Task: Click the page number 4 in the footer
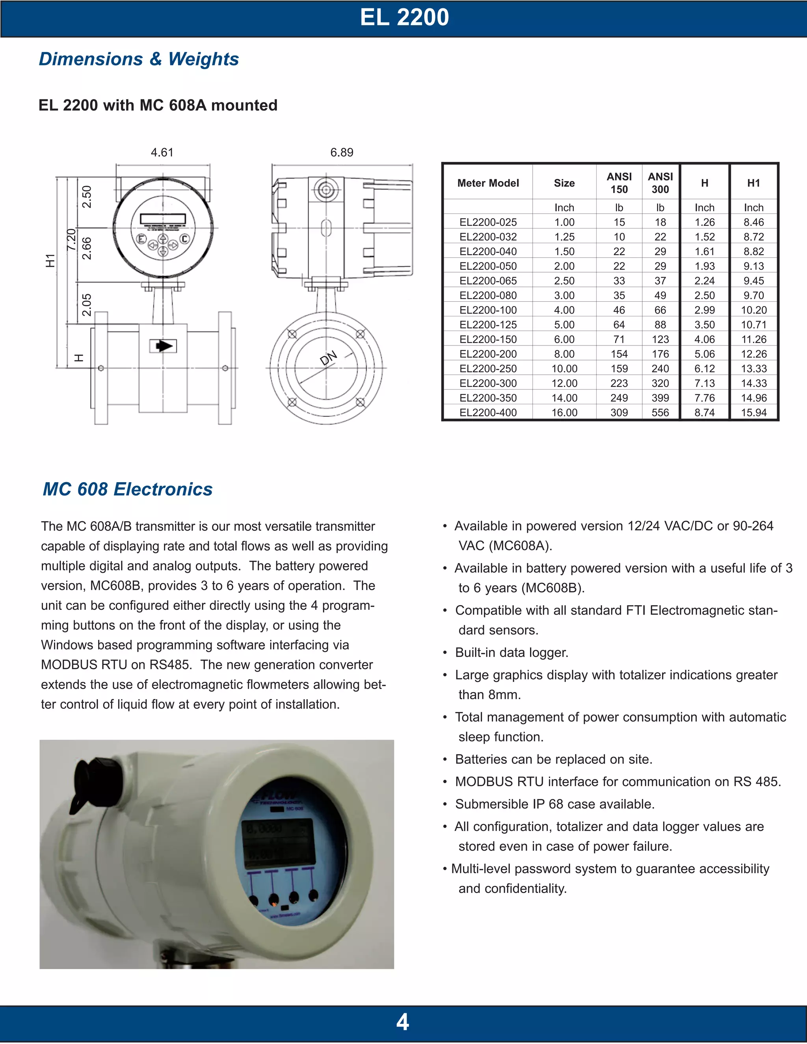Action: pyautogui.click(x=403, y=1022)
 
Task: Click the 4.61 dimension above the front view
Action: pyautogui.click(x=162, y=152)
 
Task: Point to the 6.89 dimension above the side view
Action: pyautogui.click(x=342, y=152)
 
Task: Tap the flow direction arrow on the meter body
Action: pyautogui.click(x=164, y=346)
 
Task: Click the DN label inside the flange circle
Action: pyautogui.click(x=329, y=358)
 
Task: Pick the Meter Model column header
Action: pyautogui.click(x=488, y=183)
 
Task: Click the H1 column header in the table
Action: pyautogui.click(x=753, y=183)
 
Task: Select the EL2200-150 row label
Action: pyautogui.click(x=488, y=339)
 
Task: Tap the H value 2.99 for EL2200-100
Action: pyautogui.click(x=704, y=310)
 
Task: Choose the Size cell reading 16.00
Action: pyautogui.click(x=564, y=412)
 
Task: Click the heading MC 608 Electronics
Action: pyautogui.click(x=128, y=489)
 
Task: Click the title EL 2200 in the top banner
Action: pyautogui.click(x=404, y=18)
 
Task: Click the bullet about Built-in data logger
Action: pyautogui.click(x=511, y=652)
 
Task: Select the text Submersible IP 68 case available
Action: pyautogui.click(x=554, y=804)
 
